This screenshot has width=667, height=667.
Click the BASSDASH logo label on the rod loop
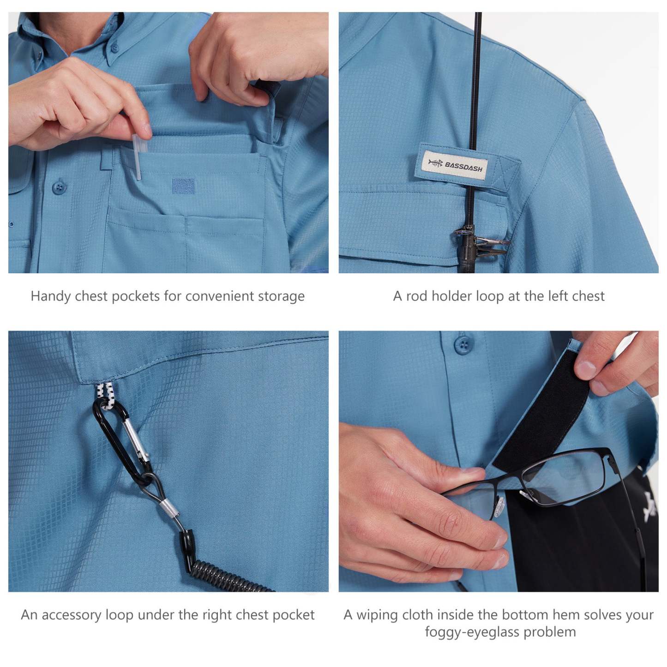click(455, 165)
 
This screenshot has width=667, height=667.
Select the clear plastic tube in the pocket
click(138, 157)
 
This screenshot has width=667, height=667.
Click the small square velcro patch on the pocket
click(183, 186)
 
